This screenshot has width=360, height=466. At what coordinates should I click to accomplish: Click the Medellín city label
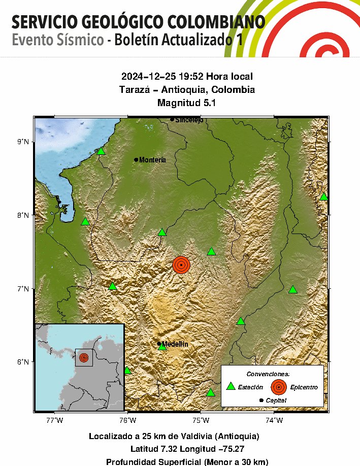[x=175, y=344]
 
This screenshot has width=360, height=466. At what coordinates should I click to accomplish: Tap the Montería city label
[x=152, y=160]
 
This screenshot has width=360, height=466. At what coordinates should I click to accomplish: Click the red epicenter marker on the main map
[x=181, y=265]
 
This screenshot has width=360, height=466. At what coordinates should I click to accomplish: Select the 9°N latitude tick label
[x=23, y=142]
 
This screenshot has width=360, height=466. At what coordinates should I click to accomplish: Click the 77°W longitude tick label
[x=54, y=420]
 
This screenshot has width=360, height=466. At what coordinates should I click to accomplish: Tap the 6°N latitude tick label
[x=23, y=362]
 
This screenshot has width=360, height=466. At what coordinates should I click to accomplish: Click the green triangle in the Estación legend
[x=231, y=386]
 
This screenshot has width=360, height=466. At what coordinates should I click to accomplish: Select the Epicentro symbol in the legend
[x=278, y=387]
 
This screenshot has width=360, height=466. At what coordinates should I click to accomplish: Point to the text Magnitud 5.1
[x=187, y=103]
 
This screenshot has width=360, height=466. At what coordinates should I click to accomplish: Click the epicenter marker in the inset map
[x=84, y=357]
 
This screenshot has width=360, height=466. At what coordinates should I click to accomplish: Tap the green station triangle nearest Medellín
[x=162, y=347]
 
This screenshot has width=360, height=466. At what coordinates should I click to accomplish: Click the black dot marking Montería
[x=136, y=160]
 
